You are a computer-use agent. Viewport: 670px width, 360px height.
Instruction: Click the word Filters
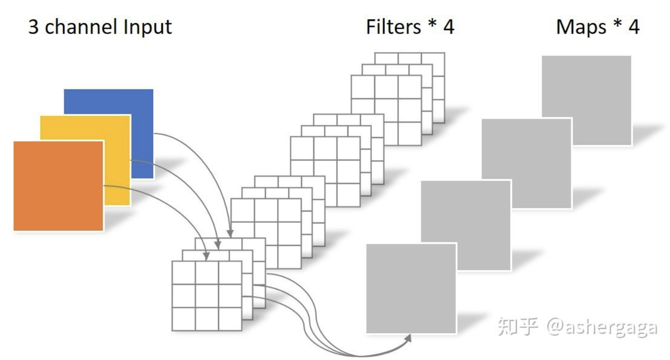[394, 27]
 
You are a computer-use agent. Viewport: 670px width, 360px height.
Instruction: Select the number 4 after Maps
[633, 27]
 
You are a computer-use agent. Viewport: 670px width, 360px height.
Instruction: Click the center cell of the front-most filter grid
[207, 296]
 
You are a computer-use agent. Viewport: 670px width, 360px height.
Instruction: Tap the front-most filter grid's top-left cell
[184, 273]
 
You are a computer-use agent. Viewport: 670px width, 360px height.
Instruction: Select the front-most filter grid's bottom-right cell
[230, 319]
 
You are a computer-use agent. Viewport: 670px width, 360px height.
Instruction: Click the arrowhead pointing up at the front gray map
[408, 338]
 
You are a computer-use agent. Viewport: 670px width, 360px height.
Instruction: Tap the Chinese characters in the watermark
[516, 327]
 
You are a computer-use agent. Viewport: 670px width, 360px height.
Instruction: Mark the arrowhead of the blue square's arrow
[230, 233]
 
